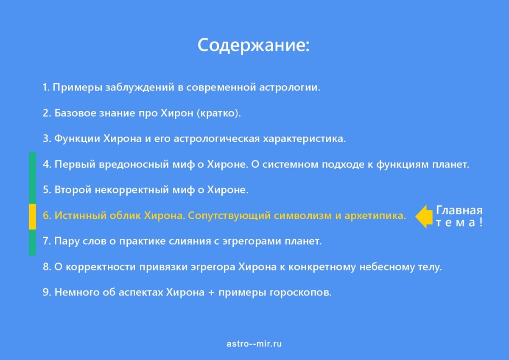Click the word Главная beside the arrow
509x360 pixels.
pyautogui.click(x=459, y=211)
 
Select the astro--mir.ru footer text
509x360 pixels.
pyautogui.click(x=254, y=344)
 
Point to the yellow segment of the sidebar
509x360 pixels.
pyautogui.click(x=32, y=217)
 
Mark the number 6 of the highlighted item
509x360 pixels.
pyautogui.click(x=46, y=216)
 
